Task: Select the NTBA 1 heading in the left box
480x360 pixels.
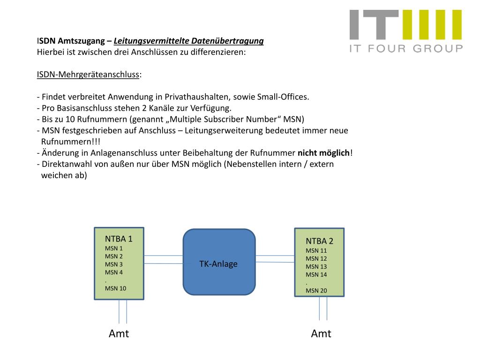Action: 119,239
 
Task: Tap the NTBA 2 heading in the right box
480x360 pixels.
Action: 320,241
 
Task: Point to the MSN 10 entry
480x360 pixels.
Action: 115,288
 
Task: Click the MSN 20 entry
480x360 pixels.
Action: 316,291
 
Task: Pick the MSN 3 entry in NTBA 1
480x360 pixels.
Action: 114,264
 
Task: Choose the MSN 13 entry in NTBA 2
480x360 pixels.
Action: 316,267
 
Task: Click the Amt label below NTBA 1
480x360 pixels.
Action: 119,334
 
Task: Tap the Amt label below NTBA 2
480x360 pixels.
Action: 321,334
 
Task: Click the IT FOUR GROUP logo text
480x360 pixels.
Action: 406,48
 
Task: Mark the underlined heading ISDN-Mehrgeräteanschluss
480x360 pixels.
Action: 88,75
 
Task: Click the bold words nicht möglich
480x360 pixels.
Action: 324,153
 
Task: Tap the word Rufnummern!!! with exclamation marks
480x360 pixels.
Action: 71,142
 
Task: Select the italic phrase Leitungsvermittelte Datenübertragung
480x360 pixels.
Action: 188,41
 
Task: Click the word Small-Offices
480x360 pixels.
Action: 283,97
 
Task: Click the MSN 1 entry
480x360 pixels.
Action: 114,248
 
